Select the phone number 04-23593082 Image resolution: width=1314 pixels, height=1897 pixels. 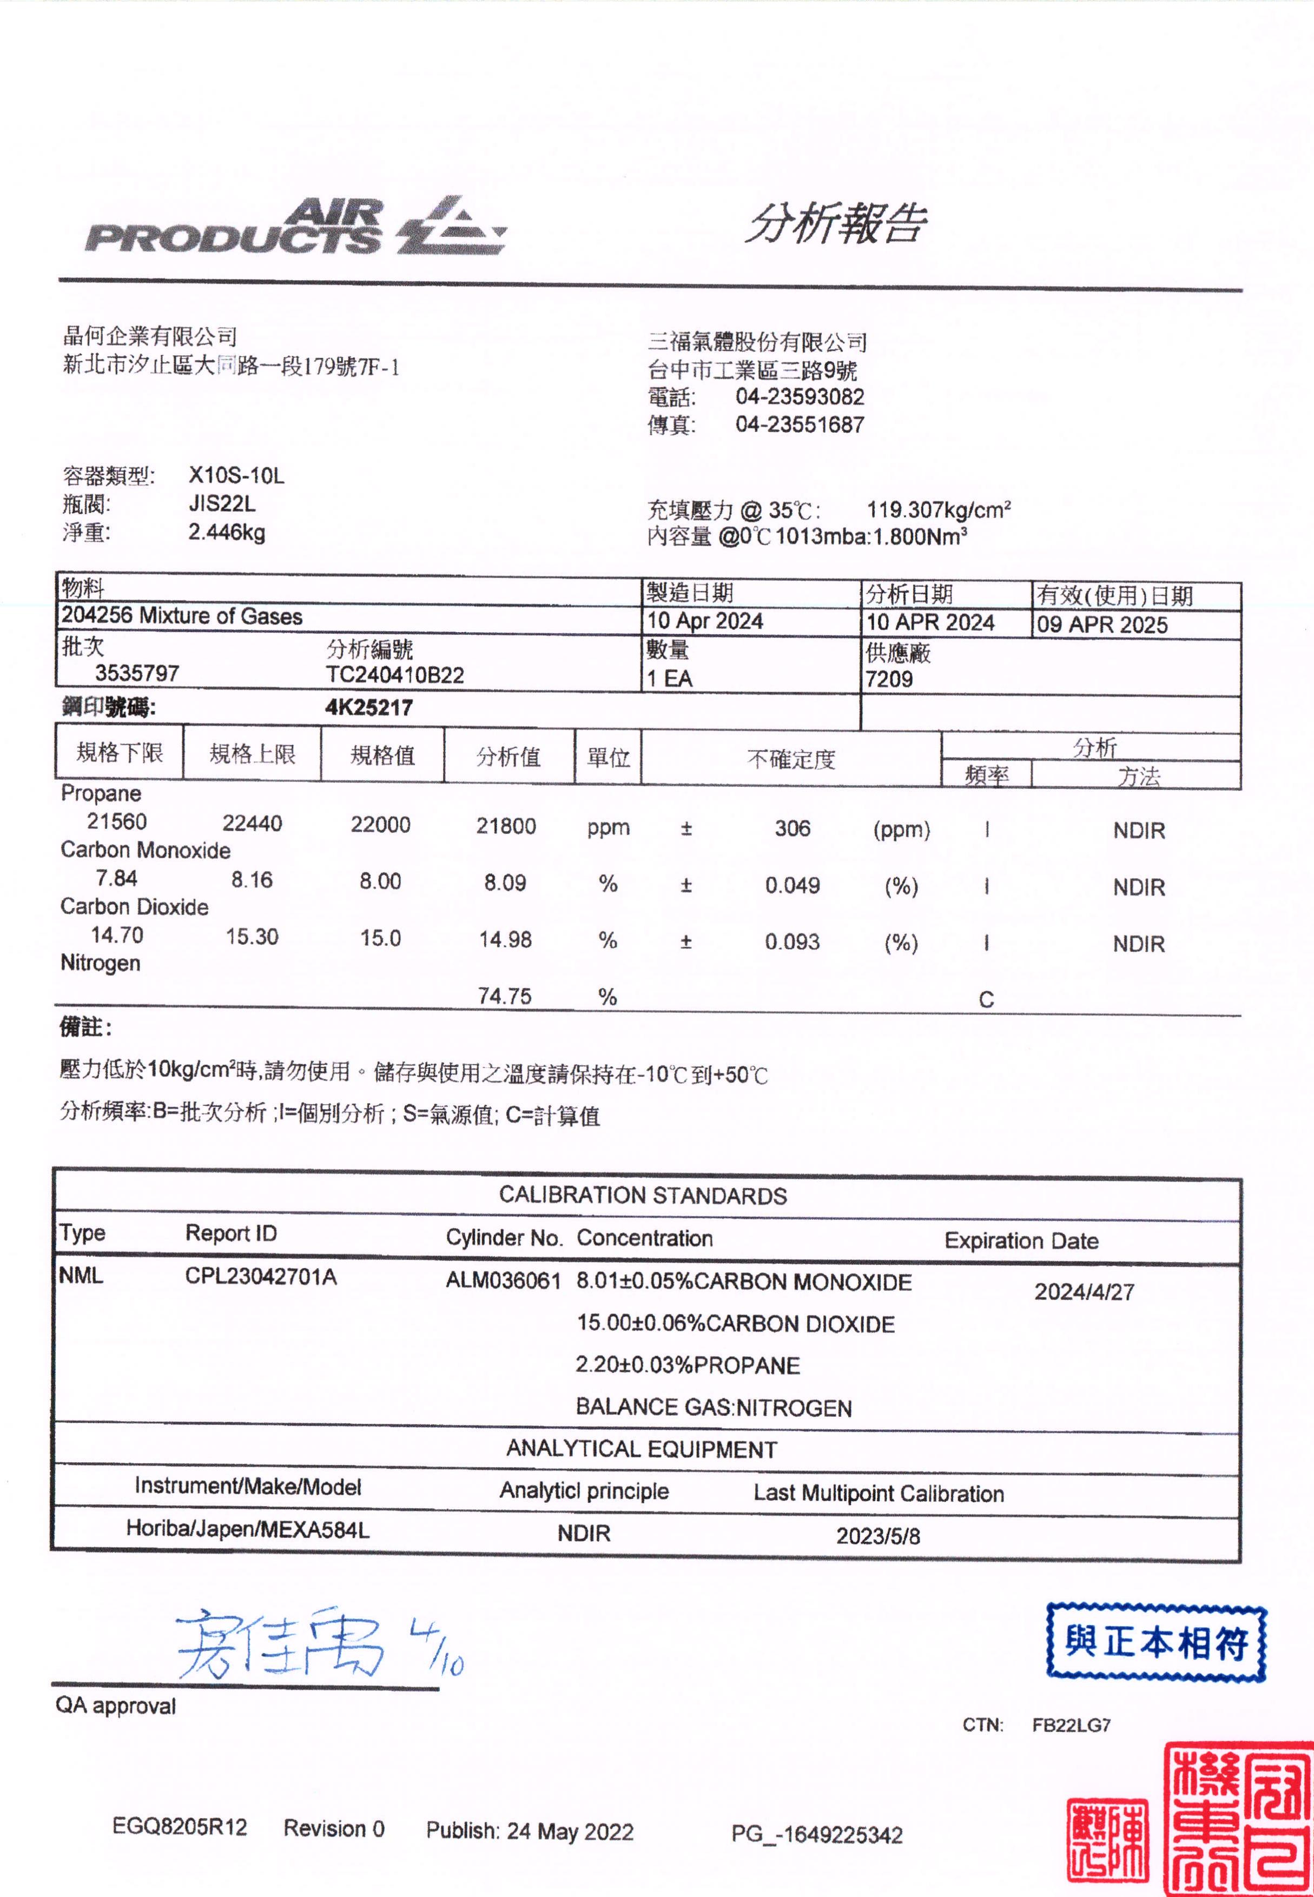tap(800, 397)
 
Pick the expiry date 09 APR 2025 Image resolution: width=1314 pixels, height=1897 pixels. tap(1101, 625)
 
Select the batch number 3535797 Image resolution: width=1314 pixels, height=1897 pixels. tap(137, 673)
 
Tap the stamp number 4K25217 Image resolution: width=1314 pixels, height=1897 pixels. tap(369, 708)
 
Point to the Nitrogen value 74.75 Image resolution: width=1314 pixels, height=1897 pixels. tap(505, 996)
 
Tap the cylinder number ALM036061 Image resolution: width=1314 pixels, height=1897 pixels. tap(503, 1281)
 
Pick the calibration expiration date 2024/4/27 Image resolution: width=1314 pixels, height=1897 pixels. tap(1084, 1291)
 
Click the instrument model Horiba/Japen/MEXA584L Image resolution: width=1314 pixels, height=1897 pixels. tap(247, 1529)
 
